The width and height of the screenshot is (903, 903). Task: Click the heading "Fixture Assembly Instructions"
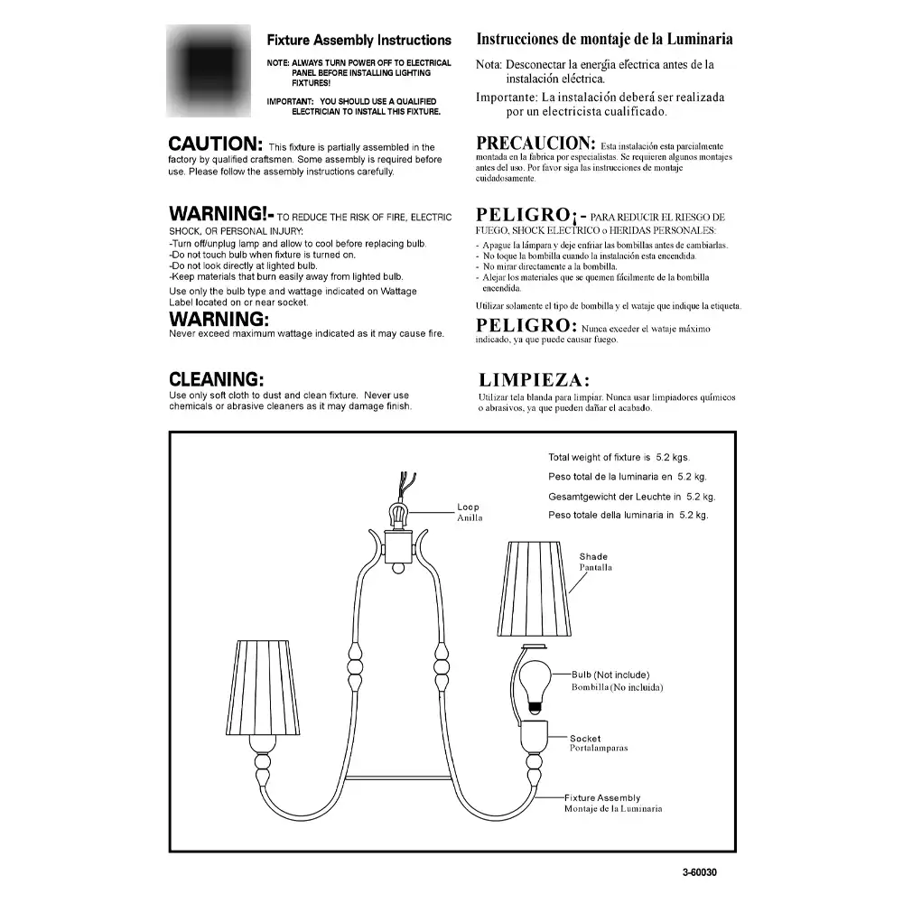pos(358,41)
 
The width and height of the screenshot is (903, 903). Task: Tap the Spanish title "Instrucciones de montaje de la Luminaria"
pos(603,40)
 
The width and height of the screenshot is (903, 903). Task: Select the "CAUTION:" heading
pos(216,144)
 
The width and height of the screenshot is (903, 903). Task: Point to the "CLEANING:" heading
pos(217,379)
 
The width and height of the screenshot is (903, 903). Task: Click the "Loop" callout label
pos(468,507)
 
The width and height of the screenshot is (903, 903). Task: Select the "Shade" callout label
pos(593,557)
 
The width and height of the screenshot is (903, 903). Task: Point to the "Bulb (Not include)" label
pos(610,675)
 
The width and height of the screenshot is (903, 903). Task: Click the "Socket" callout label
pos(585,739)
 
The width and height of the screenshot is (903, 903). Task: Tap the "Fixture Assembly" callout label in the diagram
pos(602,798)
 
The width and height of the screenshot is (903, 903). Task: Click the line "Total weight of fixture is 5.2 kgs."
pos(619,458)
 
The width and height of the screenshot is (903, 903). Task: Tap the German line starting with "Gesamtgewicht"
pos(631,497)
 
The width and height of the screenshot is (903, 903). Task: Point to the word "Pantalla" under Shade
pos(596,568)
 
